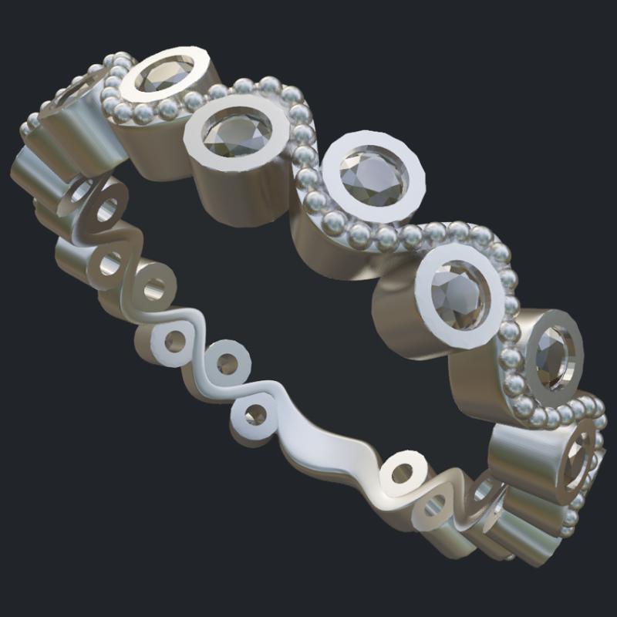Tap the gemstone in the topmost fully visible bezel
coord(164,73)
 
